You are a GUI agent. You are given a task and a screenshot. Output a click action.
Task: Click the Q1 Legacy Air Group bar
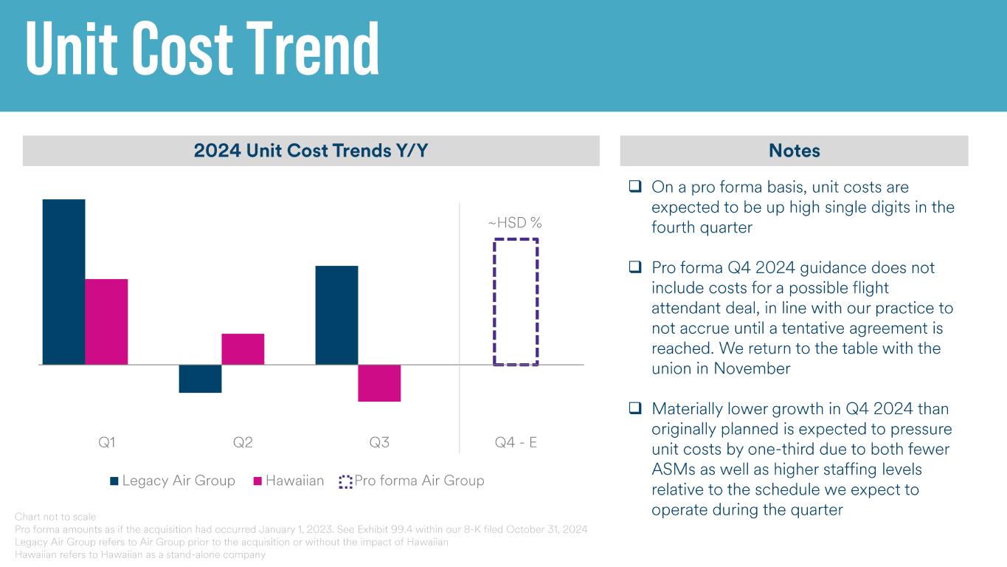[64, 281]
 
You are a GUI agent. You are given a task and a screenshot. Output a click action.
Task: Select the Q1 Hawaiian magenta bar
[106, 321]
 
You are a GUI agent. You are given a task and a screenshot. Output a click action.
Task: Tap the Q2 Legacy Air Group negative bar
[200, 378]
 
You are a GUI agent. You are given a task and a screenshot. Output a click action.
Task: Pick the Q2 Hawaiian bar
[243, 348]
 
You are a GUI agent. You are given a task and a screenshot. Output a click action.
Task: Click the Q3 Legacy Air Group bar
[336, 315]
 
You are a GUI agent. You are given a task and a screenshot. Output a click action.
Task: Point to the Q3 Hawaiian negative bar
[379, 382]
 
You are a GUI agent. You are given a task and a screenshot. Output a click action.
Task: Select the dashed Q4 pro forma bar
[516, 301]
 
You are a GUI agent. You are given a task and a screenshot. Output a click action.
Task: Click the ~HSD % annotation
[515, 222]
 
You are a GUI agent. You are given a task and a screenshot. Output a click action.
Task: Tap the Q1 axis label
[107, 443]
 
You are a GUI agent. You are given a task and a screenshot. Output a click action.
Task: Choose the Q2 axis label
[243, 443]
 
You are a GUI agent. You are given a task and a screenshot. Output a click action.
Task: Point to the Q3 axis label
[379, 443]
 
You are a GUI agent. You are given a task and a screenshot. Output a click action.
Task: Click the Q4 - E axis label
[516, 443]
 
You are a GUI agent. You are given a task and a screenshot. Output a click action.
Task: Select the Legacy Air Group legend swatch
[114, 481]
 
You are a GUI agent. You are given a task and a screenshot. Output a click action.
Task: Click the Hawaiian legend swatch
[257, 481]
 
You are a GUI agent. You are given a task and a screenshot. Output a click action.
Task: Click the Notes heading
[794, 151]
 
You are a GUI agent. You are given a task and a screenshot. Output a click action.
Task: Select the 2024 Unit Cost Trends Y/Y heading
[311, 151]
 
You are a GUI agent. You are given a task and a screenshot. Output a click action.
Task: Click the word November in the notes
[752, 368]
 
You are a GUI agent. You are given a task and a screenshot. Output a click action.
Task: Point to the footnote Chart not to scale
[55, 517]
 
